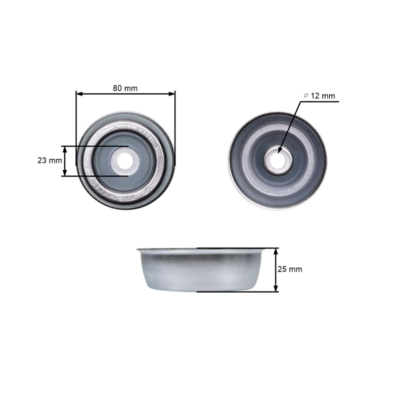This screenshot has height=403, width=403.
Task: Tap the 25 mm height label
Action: coord(290,269)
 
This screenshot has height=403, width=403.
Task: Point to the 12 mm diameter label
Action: coord(319,95)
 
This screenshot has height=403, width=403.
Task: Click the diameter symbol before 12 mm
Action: coord(306,96)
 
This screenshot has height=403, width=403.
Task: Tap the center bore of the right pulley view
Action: coord(277,160)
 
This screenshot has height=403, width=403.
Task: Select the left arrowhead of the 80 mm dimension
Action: coord(79,94)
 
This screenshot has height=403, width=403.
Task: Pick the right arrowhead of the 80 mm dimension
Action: coord(172,94)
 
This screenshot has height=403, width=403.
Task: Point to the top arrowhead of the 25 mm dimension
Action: coord(275,251)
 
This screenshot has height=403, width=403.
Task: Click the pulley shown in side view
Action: coord(199,270)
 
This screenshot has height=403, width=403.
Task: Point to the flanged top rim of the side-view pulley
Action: coord(199,251)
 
